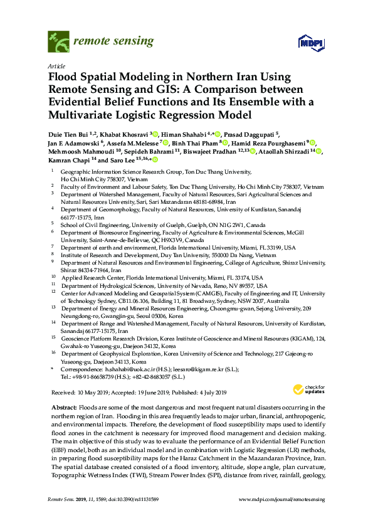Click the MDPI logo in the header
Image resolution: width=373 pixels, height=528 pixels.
click(x=307, y=43)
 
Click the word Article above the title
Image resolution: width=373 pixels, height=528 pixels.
click(x=55, y=65)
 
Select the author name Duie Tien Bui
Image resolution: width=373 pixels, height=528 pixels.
click(x=68, y=134)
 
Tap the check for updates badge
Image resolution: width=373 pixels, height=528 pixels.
click(x=306, y=390)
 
